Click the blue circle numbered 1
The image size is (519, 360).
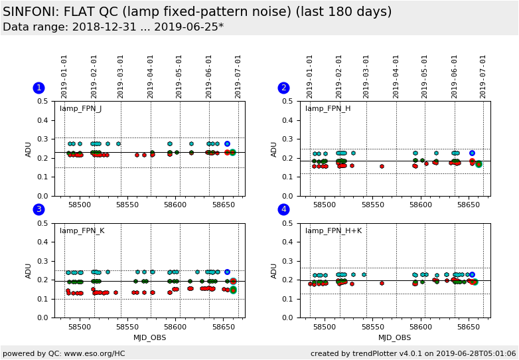pos(38,88)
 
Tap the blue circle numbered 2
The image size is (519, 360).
pos(283,88)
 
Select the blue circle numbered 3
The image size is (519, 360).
pos(38,210)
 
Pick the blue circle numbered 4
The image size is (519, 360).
pos(283,210)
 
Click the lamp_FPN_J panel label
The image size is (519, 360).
pos(80,109)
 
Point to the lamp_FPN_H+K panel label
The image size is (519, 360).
pos(333,231)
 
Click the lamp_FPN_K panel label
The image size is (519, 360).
pos(82,231)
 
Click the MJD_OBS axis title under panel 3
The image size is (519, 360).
pos(149,337)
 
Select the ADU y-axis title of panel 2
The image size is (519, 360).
pos(274,149)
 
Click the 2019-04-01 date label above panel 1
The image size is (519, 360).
pos(151,76)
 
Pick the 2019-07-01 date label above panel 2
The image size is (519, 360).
pos(483,76)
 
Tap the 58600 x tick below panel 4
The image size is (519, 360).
pos(421,327)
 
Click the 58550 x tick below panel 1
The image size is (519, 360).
pos(128,205)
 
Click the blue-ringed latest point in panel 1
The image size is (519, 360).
pos(227,143)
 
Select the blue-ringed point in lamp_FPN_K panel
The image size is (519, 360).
pos(227,272)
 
